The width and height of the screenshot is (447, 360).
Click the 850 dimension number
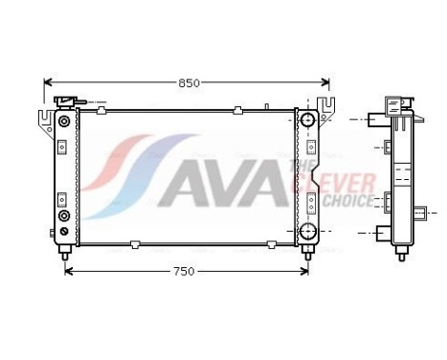[189, 83]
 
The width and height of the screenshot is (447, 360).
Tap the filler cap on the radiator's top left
[67, 101]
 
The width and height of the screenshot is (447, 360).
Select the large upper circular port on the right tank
[307, 121]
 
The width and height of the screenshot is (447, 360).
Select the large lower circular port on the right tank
[307, 232]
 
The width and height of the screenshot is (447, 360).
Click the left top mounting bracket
[46, 119]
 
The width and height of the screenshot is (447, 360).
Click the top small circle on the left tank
[63, 121]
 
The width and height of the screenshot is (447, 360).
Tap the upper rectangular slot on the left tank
[63, 146]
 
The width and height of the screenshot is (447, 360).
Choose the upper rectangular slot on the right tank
[307, 146]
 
